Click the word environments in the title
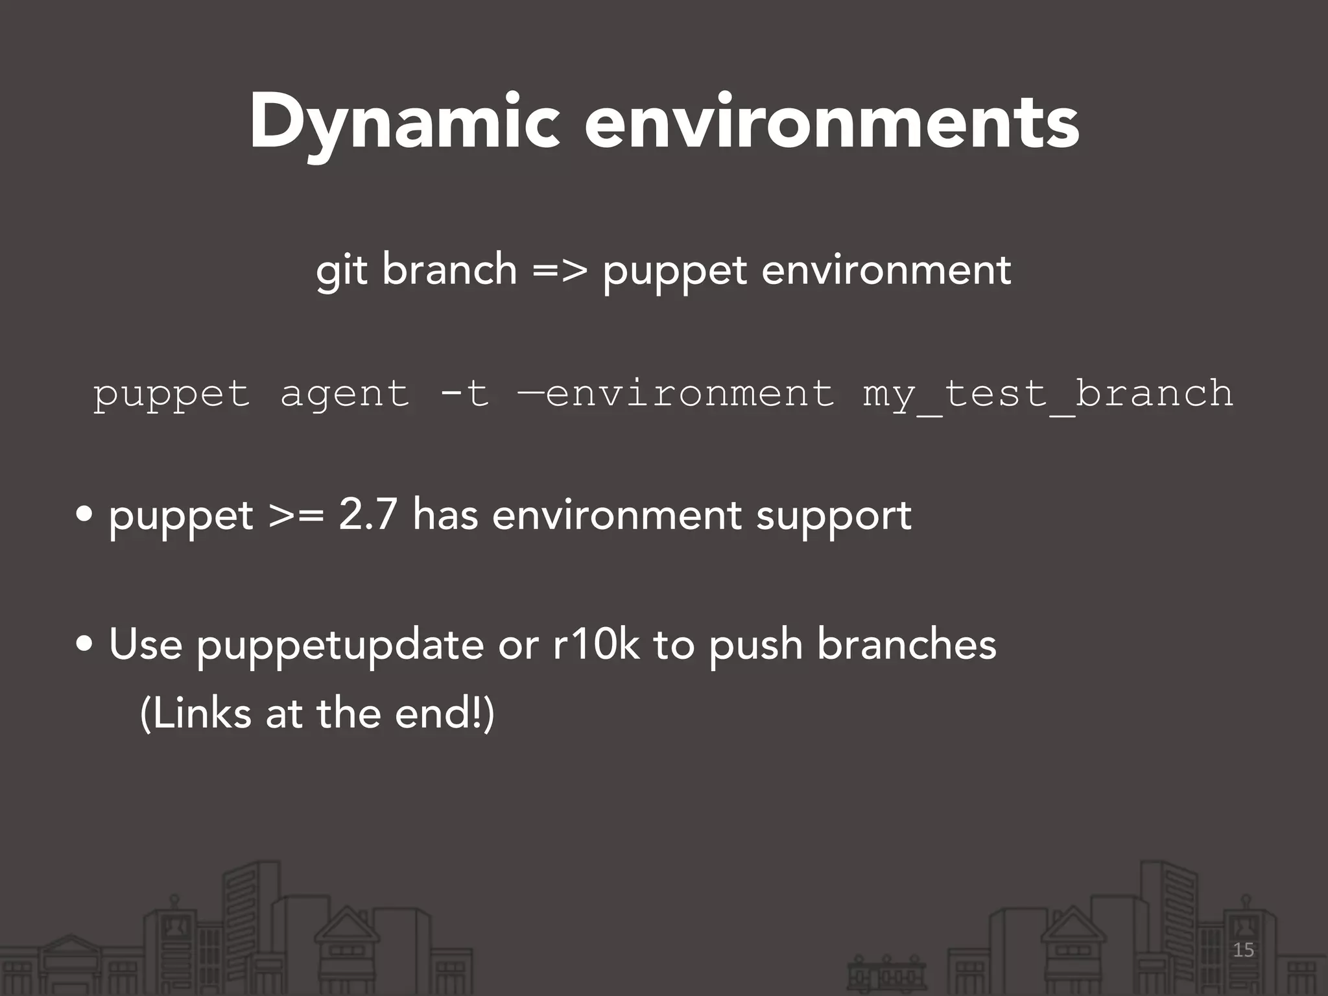pos(831,123)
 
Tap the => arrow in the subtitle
pos(560,269)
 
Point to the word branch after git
pos(449,269)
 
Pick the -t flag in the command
pos(464,393)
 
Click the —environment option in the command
pos(676,393)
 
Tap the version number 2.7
pos(367,516)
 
